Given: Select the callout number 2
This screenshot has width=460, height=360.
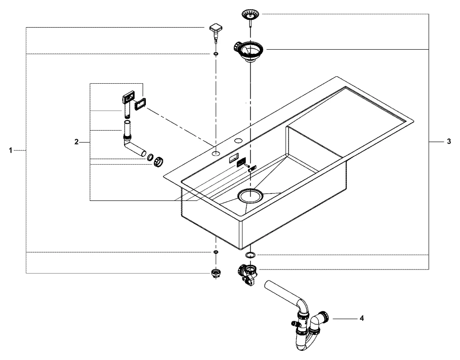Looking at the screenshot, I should point(77,142).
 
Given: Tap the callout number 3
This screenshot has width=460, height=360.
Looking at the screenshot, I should point(448,142).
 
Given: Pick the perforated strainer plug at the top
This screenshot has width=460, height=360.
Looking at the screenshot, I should point(250,17).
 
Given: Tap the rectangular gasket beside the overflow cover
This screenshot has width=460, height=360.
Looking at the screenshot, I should point(139,102).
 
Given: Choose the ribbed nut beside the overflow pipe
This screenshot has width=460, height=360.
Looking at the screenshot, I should point(159,161).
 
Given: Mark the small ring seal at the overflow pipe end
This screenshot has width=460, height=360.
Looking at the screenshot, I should point(150,158).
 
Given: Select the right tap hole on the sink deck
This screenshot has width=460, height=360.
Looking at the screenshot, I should point(239,139).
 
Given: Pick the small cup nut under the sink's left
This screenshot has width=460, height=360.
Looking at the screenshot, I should point(215,273).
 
